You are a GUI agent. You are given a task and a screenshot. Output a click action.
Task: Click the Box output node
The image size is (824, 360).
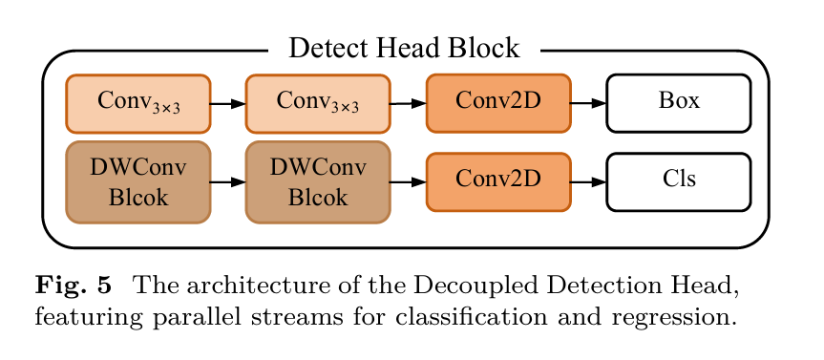coord(679,103)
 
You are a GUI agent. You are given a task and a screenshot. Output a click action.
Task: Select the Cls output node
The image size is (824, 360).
coord(679,181)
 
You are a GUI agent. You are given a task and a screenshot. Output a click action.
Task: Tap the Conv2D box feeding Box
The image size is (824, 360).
coord(498,103)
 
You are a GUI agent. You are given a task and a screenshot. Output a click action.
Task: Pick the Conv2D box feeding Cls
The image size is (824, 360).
coord(498,181)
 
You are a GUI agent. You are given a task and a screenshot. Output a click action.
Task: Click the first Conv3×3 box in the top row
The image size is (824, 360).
coord(138,103)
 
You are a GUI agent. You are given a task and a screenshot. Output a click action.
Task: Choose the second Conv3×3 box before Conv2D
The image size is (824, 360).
coord(318,103)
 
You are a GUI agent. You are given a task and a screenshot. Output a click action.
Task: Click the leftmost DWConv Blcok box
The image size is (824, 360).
coord(138,181)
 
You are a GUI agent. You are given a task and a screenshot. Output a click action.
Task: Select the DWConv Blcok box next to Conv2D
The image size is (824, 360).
coord(318,181)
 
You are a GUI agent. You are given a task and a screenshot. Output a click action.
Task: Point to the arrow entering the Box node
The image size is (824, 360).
coord(588,103)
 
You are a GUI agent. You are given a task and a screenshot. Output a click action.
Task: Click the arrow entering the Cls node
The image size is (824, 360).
coord(588,182)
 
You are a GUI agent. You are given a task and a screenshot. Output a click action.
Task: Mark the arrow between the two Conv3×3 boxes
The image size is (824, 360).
coord(228,103)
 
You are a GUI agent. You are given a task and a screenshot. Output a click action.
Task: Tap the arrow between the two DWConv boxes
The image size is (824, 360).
coord(228,182)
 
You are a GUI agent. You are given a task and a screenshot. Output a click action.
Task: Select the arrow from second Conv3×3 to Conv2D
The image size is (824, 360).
coord(409,103)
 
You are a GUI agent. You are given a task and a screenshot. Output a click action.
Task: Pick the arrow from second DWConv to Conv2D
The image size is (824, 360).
coord(409,182)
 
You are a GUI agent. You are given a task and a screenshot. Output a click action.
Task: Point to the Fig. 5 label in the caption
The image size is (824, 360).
coord(74,286)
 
